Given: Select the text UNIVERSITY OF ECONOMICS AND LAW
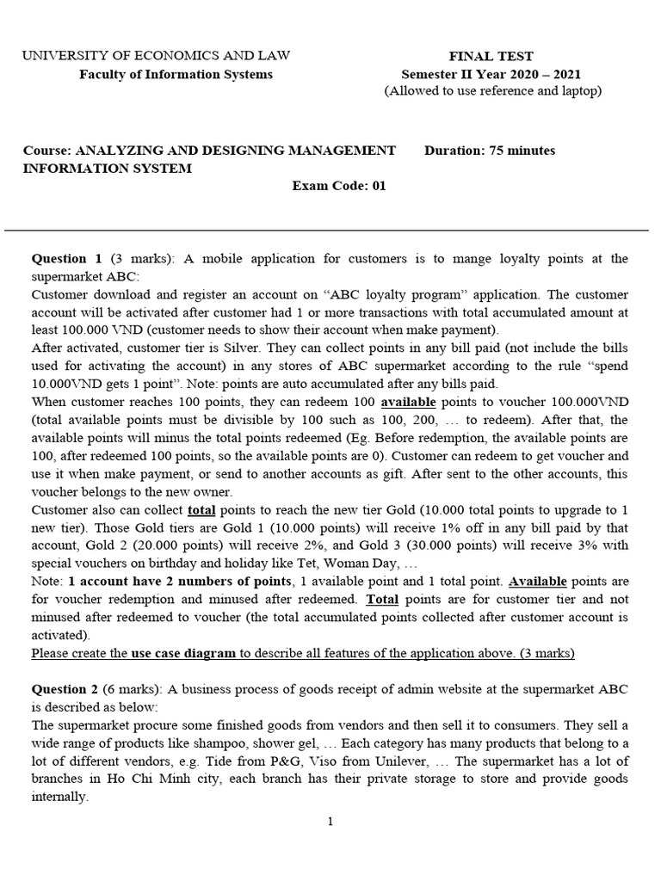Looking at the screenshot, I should [156, 56].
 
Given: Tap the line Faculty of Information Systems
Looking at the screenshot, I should [176, 74].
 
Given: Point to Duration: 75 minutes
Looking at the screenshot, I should [490, 151].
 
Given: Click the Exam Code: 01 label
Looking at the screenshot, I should [339, 186].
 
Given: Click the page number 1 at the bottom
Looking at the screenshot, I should [330, 822].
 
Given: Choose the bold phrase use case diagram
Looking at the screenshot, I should [183, 653].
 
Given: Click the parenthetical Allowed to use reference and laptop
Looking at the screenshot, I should [492, 91].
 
